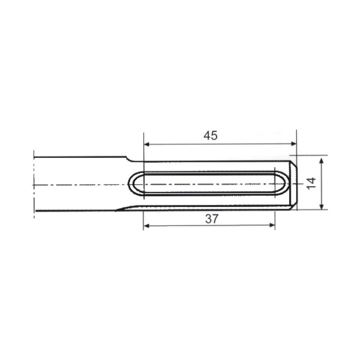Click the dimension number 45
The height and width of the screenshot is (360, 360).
click(x=210, y=135)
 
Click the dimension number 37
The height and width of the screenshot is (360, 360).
click(x=211, y=219)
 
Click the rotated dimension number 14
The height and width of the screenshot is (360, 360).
click(x=311, y=183)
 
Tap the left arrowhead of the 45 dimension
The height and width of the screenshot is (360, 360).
click(x=147, y=144)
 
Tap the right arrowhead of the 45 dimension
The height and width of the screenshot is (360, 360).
click(x=294, y=144)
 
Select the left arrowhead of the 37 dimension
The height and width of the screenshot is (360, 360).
click(x=146, y=226)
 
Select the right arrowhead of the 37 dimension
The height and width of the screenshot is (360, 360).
click(x=272, y=225)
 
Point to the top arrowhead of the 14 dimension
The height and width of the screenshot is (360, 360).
click(x=321, y=161)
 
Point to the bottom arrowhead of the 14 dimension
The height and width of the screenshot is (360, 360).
click(x=322, y=207)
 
